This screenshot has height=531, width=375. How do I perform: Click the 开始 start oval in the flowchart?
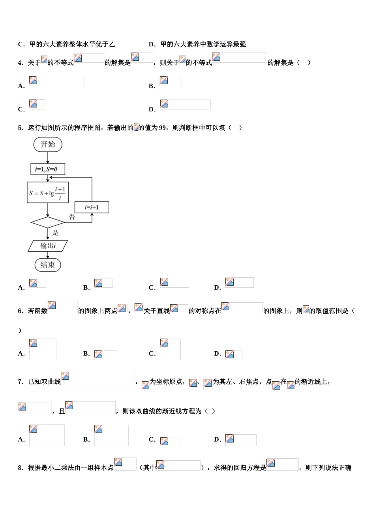tap(48, 145)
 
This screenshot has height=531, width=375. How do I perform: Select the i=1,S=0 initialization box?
tap(48, 169)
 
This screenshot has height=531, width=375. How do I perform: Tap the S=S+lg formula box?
tap(48, 193)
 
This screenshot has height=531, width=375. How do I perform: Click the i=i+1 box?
tap(92, 207)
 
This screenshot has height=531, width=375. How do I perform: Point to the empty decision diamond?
tap(48, 222)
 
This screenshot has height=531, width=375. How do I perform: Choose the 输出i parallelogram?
tap(48, 246)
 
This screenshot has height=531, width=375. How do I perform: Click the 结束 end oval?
tap(48, 265)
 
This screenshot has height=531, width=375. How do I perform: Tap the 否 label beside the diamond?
tap(72, 217)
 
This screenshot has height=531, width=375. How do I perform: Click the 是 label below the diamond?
tap(55, 233)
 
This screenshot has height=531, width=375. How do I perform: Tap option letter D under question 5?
tap(217, 288)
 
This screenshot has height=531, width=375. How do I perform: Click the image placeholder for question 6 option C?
tap(170, 349)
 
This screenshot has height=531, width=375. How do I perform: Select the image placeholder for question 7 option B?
tap(111, 435)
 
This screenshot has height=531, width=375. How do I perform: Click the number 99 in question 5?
tap(162, 128)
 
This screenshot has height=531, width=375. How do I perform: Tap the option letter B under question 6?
tap(86, 354)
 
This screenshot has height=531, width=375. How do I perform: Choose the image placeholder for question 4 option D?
tap(185, 104)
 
